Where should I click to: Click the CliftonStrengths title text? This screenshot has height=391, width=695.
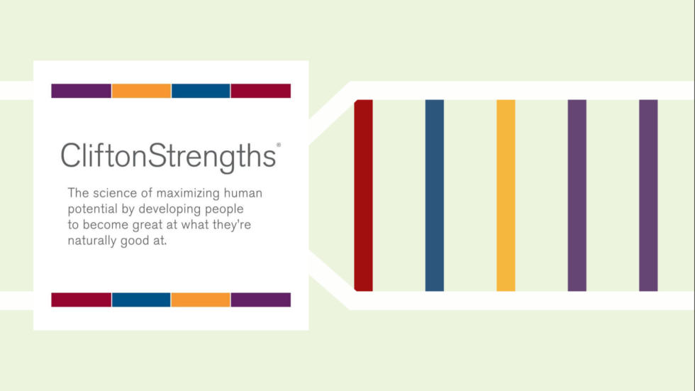[169, 157]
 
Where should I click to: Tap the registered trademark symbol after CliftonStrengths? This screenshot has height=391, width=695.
[278, 145]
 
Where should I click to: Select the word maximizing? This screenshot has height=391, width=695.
[188, 194]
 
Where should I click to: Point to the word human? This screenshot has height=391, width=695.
[243, 193]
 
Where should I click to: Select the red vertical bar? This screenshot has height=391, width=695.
[363, 196]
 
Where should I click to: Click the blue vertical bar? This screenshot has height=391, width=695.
[434, 196]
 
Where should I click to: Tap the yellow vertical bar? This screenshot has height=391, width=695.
[506, 196]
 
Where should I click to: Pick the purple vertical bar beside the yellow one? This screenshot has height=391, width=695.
[577, 196]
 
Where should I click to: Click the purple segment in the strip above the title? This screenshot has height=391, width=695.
[81, 91]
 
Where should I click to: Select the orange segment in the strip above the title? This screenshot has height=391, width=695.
[141, 91]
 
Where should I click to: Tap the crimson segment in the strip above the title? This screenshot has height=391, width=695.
[261, 91]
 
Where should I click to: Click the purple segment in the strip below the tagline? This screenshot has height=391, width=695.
[261, 299]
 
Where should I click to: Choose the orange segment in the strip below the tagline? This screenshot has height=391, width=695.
[200, 299]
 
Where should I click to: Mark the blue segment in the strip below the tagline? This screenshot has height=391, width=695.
[141, 299]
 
